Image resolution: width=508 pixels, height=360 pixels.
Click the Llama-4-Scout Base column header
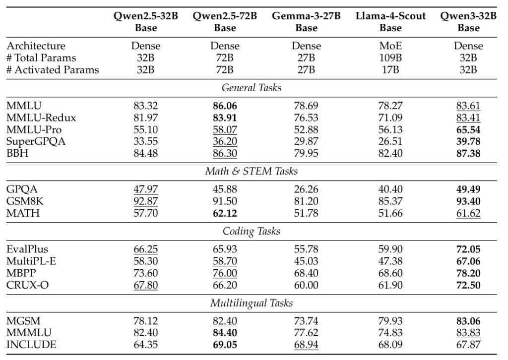390,22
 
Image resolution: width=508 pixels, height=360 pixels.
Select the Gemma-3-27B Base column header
306,22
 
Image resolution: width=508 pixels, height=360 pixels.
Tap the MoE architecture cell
390,46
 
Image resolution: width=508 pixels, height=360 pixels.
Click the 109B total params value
390,58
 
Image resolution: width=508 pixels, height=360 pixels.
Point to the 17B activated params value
390,69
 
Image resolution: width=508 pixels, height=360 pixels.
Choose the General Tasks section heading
252,88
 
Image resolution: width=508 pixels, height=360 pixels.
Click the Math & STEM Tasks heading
252,171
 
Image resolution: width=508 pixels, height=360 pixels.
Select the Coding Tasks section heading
252,231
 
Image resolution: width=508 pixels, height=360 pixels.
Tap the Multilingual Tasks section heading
252,303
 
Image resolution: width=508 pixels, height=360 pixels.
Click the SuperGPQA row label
36,141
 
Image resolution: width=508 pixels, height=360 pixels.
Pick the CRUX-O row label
28,285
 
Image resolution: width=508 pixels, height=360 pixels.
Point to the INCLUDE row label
31,345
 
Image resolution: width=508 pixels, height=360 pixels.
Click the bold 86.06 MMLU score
225,106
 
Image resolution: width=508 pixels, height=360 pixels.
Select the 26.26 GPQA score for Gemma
306,189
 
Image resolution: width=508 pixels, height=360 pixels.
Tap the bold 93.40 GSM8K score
468,201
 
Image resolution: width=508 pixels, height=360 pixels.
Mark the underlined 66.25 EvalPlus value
146,249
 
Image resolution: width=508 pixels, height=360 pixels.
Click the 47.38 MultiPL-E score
390,261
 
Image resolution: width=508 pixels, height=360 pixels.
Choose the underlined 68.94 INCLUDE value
306,345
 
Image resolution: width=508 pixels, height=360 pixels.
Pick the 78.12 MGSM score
146,321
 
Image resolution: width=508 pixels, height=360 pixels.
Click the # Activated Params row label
53,69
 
